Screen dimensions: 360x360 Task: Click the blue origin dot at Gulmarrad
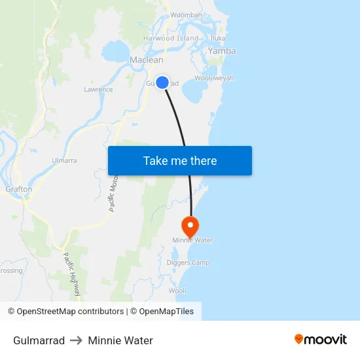pos(162,82)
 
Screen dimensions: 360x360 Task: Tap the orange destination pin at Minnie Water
pos(190,226)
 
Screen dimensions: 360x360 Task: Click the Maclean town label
pos(147,60)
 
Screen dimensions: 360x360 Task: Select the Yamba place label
pos(222,51)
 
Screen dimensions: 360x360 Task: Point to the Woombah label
pos(186,15)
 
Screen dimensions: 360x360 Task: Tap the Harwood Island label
pos(171,39)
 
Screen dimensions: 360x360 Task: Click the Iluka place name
pos(218,39)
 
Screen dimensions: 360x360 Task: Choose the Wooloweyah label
pos(214,79)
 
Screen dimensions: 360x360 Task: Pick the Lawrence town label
pos(98,90)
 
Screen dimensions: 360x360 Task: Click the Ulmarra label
pos(64,160)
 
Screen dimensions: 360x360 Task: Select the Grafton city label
pos(18,189)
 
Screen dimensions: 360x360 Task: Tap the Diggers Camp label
pos(188,263)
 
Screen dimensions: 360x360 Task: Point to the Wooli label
pos(177,291)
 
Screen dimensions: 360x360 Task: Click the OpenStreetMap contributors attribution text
pos(65,312)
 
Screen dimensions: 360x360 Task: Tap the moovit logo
pos(321,340)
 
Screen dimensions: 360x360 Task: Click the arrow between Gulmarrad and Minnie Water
pos(77,340)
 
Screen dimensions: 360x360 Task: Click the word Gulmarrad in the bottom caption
pos(39,340)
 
